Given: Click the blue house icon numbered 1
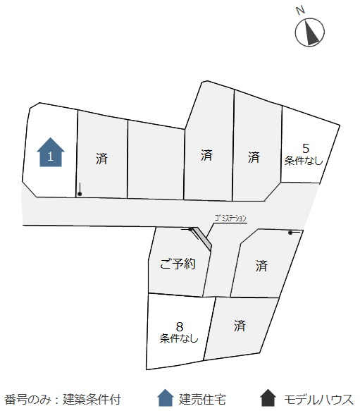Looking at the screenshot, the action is click(51, 152).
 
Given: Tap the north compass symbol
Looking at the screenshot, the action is click(310, 32).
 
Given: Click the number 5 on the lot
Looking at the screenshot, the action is click(306, 149).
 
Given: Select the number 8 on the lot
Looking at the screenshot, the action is click(180, 327).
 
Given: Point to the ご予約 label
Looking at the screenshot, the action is click(178, 264).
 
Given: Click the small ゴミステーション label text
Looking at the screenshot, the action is click(230, 218).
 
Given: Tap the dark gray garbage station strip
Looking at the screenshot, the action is click(202, 238).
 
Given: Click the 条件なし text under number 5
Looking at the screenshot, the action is click(304, 161).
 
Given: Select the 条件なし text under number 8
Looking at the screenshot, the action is click(179, 338).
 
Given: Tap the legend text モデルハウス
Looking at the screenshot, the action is click(318, 400).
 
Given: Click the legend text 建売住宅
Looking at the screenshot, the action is click(202, 400).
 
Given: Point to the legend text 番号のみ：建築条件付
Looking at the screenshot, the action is click(63, 400).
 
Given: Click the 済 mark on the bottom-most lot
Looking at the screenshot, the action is click(240, 326).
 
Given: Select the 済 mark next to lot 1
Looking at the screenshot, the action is click(101, 159).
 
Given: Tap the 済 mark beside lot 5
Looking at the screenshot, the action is click(254, 157).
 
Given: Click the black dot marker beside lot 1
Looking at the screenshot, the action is click(80, 194).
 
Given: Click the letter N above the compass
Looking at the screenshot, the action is click(301, 11).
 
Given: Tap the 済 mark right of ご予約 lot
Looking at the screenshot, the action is click(261, 266).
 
